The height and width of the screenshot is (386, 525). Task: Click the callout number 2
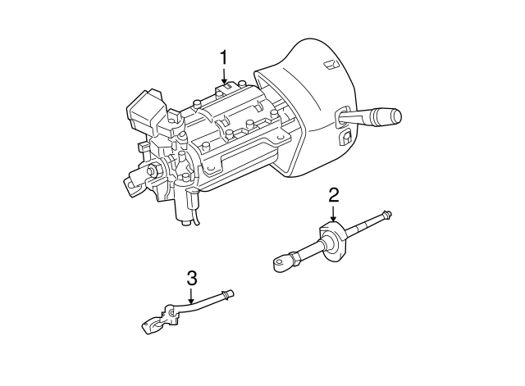pos(334,194)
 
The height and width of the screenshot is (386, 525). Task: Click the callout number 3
pos(192,278)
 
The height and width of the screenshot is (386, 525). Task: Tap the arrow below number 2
pos(334,213)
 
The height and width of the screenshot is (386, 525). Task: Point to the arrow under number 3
pos(192,296)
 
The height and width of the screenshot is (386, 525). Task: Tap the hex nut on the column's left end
pos(153,171)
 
